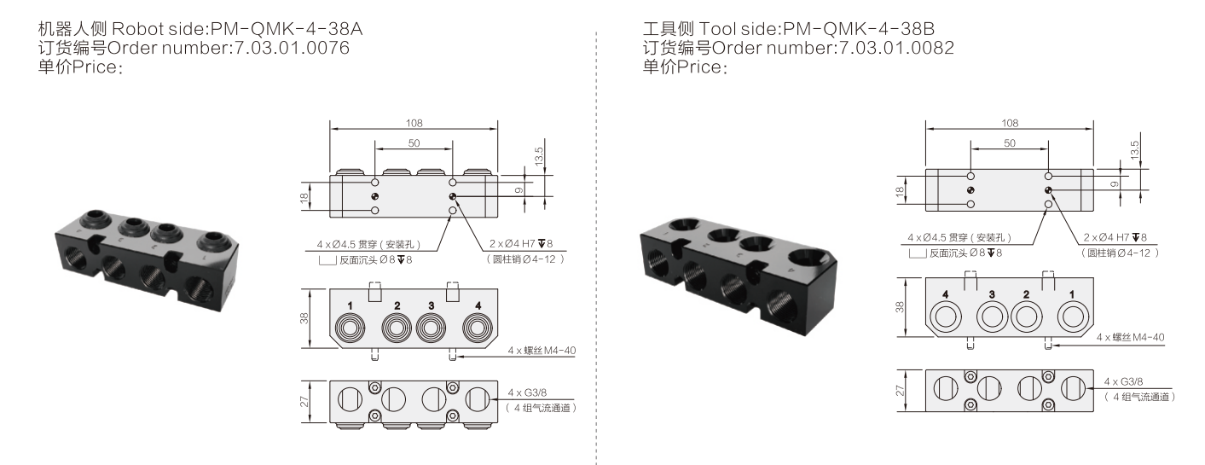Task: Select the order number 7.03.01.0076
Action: point(292,48)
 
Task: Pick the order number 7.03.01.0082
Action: point(896,48)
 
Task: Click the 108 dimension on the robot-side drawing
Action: point(414,123)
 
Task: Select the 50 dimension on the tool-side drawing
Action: point(1009,143)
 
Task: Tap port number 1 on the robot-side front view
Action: point(350,305)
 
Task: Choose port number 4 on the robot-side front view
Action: point(478,305)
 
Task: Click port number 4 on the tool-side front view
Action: point(945,294)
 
